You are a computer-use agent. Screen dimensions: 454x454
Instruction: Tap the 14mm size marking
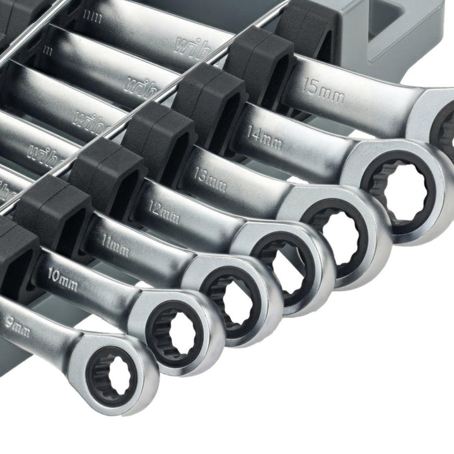(x=265, y=137)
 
